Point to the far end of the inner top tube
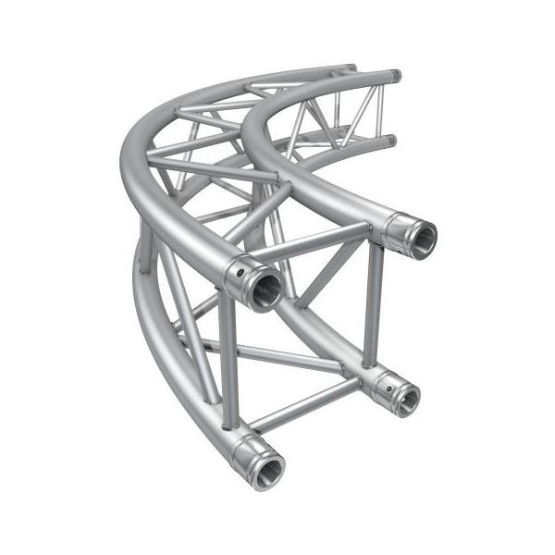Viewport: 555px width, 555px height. pyautogui.click(x=395, y=74)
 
